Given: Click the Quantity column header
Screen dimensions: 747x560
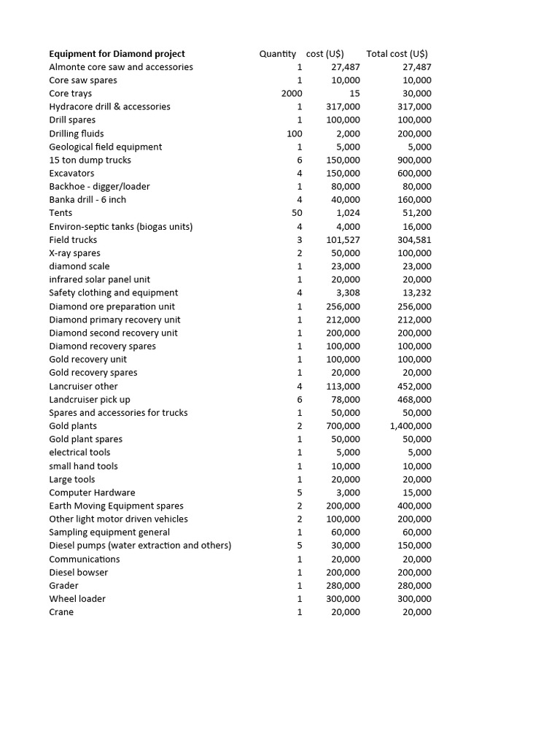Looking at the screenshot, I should point(277,53).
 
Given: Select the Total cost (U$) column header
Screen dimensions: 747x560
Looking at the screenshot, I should point(397,53).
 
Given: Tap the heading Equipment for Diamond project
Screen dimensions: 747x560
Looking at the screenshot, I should point(117,53).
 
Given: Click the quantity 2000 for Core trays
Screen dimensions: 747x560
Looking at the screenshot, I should point(292,93).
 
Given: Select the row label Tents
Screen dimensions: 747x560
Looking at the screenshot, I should point(61,212).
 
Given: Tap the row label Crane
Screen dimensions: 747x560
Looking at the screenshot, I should point(61,612).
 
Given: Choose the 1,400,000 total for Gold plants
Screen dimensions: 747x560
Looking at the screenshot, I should point(411,426).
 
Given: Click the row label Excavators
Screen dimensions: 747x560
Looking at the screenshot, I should point(71,173).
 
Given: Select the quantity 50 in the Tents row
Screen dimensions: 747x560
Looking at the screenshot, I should point(297,212).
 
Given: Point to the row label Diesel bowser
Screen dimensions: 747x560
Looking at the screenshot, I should point(78,572).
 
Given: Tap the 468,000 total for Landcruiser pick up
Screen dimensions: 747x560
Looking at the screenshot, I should point(416,400).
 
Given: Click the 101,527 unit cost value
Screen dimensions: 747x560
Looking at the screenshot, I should point(343,239).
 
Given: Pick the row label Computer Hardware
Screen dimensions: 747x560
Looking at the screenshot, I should point(92,492).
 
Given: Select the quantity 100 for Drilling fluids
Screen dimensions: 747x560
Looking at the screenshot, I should point(295,133).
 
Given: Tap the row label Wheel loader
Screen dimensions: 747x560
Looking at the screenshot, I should point(77,598).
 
